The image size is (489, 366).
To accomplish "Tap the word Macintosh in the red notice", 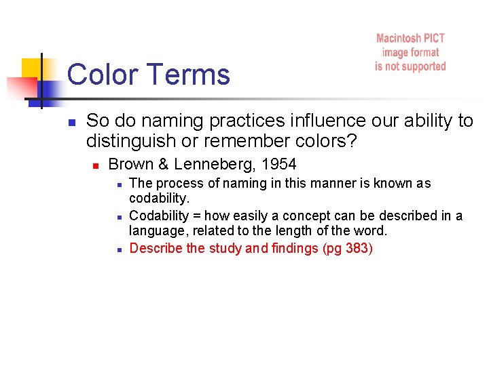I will (401, 39).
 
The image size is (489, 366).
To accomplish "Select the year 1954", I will (279, 164).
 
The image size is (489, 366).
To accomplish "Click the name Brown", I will (130, 164).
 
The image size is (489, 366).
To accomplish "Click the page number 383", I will (357, 248).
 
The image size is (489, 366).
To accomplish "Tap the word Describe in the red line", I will (156, 248).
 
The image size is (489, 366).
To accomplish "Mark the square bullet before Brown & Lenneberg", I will (96, 165).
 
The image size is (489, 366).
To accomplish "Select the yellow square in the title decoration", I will (32, 68).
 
